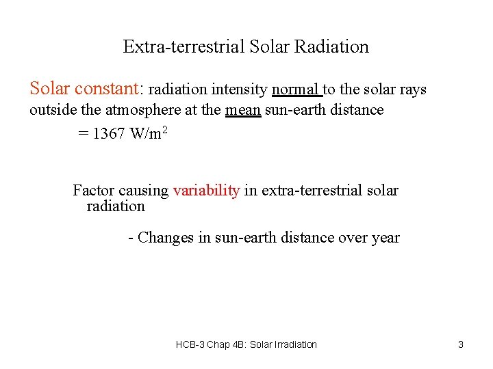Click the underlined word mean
[x=242, y=110]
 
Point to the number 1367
[x=109, y=134]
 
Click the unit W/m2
[x=148, y=133]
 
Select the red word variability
[x=206, y=191]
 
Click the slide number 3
[x=461, y=344]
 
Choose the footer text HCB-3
[x=190, y=344]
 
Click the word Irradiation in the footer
[x=296, y=344]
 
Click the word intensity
[x=240, y=90]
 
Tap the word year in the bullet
[x=385, y=238]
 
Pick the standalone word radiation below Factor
[x=116, y=206]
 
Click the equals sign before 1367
[x=83, y=134]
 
